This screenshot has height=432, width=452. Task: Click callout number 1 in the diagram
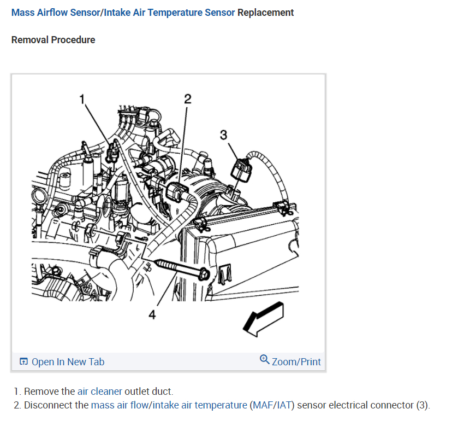point(83,99)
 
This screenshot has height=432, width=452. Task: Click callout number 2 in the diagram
point(188,99)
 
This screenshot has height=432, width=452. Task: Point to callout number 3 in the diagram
point(223,135)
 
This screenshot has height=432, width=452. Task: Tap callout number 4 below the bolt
point(152,314)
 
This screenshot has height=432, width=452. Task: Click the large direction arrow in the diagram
point(264,320)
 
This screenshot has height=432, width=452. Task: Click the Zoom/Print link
point(296,361)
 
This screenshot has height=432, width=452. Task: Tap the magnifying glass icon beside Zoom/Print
point(265,359)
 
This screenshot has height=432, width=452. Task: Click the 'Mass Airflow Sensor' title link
point(56,13)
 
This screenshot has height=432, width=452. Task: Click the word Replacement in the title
point(265,13)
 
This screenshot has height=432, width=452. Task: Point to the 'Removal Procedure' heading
point(53,40)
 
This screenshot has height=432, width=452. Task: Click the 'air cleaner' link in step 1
point(100,391)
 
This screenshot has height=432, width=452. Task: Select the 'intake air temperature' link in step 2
point(199,405)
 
